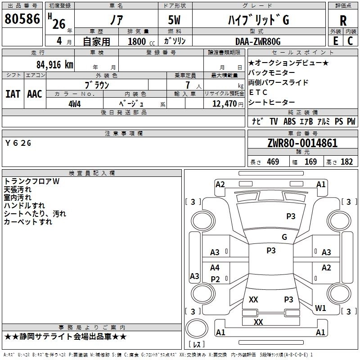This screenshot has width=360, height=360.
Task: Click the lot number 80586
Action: click(22, 19)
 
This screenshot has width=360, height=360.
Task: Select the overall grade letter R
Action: click(343, 21)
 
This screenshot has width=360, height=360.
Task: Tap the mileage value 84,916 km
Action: click(54, 65)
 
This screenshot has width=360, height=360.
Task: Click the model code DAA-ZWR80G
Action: click(258, 41)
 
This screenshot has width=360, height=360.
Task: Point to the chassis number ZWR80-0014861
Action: click(302, 143)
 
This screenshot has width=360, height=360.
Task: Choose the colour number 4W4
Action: click(75, 104)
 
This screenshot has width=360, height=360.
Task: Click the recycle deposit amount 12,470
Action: click(224, 104)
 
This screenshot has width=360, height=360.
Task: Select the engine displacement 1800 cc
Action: click(141, 41)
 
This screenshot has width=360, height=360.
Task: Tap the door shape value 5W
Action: click(174, 20)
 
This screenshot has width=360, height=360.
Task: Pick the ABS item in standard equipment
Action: click(289, 121)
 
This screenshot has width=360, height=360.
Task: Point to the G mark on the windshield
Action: click(284, 237)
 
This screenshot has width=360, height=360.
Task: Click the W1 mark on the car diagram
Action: click(320, 308)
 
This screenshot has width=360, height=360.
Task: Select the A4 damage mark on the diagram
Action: click(215, 268)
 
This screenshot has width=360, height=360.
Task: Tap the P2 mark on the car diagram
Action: click(215, 279)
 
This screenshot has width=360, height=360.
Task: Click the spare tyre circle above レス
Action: click(197, 328)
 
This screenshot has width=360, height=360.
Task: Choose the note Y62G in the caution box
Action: click(18, 143)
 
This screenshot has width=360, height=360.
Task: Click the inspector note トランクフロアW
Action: click(31, 181)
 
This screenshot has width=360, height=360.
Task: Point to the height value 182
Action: click(346, 162)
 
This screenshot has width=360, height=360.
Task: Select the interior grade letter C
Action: click(350, 41)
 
